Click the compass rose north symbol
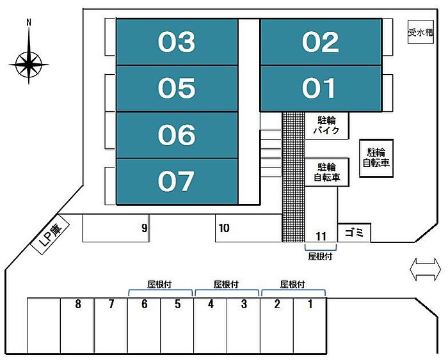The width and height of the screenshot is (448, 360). (x=29, y=65)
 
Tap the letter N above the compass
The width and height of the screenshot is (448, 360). (x=29, y=22)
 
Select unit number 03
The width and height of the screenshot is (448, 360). (x=177, y=42)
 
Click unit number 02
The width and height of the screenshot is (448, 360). (x=321, y=42)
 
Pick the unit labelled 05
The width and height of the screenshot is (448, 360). (x=177, y=88)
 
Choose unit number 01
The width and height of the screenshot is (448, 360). (x=321, y=88)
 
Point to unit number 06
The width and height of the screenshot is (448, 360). (x=177, y=135)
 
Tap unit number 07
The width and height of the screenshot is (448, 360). (x=177, y=182)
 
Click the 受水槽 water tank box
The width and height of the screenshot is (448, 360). (x=420, y=32)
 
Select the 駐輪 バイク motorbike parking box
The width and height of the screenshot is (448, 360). (x=327, y=125)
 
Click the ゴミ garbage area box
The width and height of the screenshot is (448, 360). (x=355, y=233)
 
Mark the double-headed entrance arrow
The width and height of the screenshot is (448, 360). (x=425, y=269)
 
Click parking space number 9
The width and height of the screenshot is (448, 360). (x=116, y=228)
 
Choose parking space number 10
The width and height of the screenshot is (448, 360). (x=248, y=228)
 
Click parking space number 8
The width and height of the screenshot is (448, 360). (x=77, y=325)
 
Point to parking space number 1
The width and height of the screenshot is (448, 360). (x=310, y=325)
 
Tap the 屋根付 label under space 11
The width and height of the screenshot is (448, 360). (x=320, y=256)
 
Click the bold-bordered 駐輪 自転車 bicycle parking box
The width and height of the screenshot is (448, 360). (x=376, y=158)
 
